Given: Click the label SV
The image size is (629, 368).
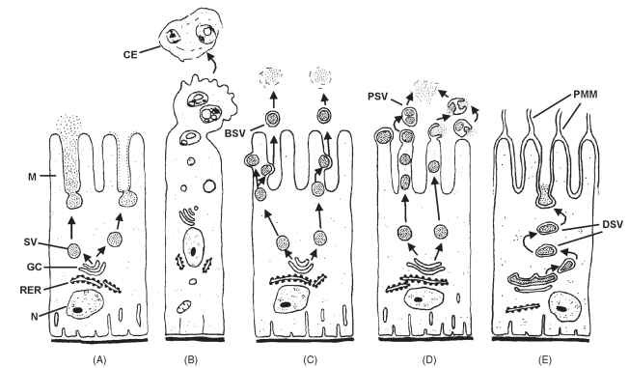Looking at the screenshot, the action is (30, 241).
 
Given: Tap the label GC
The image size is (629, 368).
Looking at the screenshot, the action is (34, 267).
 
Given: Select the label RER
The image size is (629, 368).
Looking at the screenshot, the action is (30, 289).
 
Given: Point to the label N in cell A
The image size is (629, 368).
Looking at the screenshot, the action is (35, 317).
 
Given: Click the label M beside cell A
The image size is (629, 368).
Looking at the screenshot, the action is (33, 176).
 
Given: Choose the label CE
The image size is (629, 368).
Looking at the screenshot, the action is (130, 55).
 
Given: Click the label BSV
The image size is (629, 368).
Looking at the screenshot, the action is (234, 133).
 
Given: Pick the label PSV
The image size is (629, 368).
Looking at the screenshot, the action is (377, 98).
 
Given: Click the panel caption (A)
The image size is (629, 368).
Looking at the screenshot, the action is (99, 359).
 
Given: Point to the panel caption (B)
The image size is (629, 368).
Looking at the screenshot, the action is (191, 359).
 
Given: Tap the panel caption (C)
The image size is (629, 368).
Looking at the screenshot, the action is (311, 359).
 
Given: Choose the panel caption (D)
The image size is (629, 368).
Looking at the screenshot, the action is (429, 359).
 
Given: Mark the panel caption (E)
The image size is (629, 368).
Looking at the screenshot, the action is (545, 359).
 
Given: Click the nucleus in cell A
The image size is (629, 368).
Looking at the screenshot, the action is (86, 305).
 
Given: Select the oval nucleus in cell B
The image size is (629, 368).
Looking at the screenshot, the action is (194, 247).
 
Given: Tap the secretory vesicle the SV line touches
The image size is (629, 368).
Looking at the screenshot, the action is (74, 251).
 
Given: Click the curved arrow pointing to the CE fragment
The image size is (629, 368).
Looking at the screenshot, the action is (210, 63).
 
